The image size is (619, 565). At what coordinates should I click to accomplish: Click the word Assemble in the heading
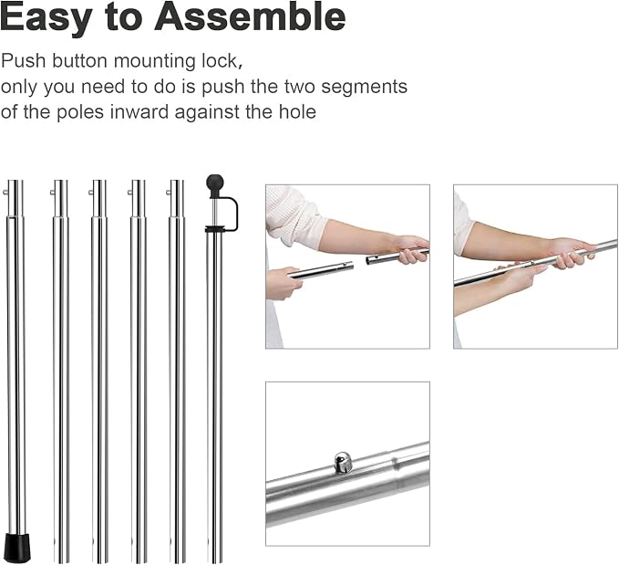tap(250, 16)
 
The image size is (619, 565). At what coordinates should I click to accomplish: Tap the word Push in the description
tap(24, 61)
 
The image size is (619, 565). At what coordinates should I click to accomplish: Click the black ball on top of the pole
tap(215, 183)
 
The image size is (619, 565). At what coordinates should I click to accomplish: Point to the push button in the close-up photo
tap(342, 462)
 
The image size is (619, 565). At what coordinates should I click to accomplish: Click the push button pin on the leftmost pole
tap(5, 193)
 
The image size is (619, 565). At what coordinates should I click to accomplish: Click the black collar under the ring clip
tap(215, 229)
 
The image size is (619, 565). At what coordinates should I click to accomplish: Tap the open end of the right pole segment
tap(368, 260)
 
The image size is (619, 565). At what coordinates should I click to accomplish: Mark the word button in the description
tap(79, 61)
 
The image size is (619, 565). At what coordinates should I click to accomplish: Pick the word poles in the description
tap(80, 112)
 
